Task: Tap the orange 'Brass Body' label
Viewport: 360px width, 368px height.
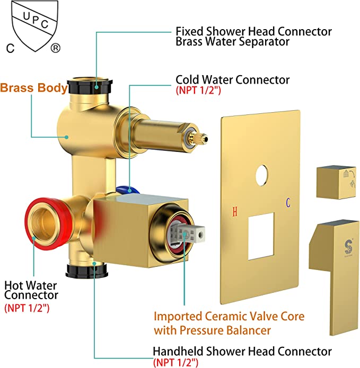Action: point(34,88)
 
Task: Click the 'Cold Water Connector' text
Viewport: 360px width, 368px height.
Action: point(232,80)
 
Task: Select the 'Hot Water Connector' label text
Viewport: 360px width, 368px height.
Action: point(31,290)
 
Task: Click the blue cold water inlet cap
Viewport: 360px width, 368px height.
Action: point(127,190)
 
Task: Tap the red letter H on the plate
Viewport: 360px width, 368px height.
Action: point(235,211)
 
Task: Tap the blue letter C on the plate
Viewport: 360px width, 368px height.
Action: point(288,203)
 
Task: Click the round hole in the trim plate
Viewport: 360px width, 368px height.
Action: point(261,176)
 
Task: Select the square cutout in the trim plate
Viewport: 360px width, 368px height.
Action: point(261,236)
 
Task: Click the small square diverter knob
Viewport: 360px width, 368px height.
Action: point(336,182)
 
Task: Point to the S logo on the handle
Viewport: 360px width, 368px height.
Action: point(348,246)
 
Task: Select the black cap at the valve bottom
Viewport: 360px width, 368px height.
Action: point(87,270)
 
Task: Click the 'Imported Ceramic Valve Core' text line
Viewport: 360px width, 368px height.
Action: point(229,317)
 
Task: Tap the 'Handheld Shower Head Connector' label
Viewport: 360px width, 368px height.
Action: point(242,352)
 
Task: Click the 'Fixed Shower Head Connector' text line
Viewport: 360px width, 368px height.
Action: point(254,31)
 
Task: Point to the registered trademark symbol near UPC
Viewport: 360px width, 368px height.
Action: point(56,48)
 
